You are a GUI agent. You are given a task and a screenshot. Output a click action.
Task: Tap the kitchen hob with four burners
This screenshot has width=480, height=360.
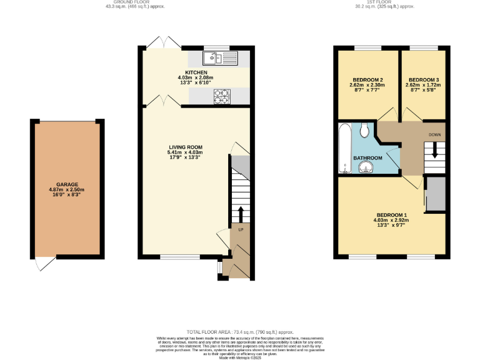222,96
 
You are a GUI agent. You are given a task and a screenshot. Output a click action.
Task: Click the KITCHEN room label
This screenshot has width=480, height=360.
196,72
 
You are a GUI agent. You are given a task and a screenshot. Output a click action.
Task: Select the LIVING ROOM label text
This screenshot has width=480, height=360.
184,147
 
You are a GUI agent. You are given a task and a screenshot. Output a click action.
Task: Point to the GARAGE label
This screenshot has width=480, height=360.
67,184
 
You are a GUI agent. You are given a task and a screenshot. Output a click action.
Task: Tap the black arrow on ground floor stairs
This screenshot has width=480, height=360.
240,213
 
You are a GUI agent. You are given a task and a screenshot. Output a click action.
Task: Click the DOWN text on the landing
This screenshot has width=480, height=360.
435,134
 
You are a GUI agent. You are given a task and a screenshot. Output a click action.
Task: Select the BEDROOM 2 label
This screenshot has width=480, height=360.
367,80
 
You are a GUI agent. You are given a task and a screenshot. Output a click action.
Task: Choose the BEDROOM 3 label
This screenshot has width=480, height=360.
423,80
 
